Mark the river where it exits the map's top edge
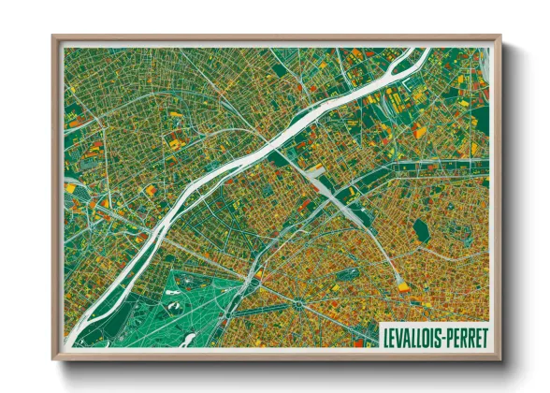click(x=412, y=51)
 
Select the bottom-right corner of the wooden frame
click(x=499, y=358)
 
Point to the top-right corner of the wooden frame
click(x=499, y=37)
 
